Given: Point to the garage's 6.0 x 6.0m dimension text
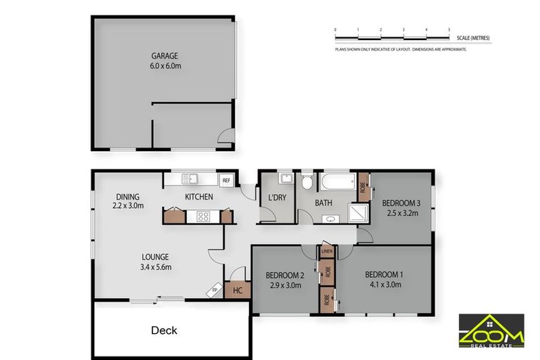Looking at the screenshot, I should [x=166, y=66].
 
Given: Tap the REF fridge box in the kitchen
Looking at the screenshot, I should [x=226, y=181].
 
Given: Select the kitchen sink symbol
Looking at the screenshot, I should [x=191, y=178].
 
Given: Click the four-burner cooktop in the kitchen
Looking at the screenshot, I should [x=205, y=217].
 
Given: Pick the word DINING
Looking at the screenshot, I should [x=128, y=196].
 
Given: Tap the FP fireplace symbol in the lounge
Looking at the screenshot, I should [x=215, y=289].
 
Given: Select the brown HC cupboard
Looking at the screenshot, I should [x=238, y=290].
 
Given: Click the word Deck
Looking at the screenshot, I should [x=164, y=330].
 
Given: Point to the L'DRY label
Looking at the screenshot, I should [x=276, y=198].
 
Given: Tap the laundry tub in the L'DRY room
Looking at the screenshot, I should [x=285, y=177].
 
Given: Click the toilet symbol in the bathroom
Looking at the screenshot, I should [x=306, y=182].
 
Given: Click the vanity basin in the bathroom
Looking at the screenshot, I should [x=329, y=219].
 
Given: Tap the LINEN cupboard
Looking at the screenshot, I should [x=326, y=251].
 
